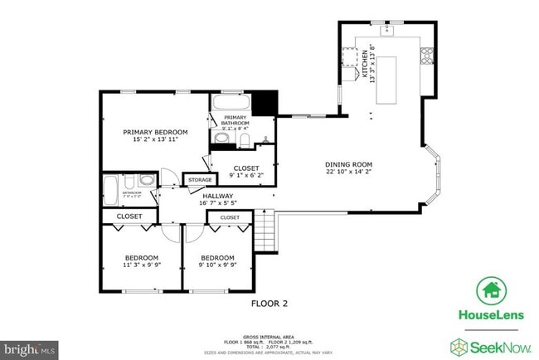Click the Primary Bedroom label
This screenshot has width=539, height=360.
coord(155,132)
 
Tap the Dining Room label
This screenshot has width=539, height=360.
coord(348,164)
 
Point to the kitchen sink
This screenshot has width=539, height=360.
coord(387,30)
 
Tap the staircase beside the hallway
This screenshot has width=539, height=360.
coord(265,230)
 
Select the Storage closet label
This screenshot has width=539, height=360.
coord(199,179)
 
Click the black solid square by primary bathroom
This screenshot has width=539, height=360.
coord(263,104)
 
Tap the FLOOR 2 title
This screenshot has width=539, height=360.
coord(269,304)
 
